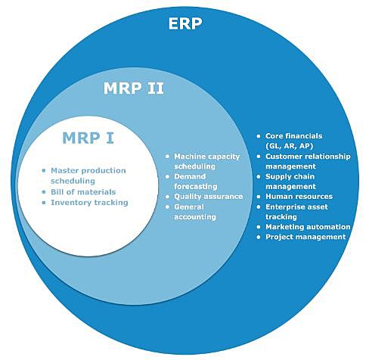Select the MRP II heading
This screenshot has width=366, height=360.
[x=133, y=89]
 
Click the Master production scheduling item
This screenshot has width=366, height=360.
[x=88, y=175]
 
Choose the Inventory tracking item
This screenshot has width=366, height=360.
[x=90, y=203]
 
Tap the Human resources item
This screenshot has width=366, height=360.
[x=299, y=196]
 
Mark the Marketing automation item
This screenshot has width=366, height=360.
[x=307, y=226]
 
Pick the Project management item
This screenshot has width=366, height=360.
[x=306, y=237]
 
